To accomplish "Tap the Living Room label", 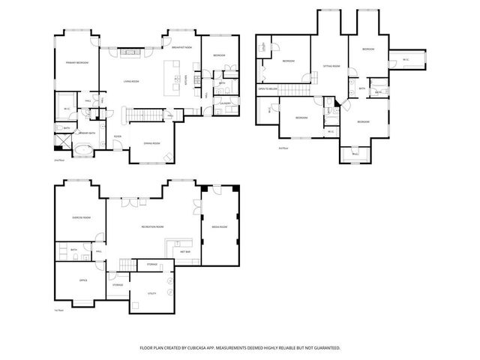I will [133, 82].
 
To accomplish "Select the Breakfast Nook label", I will [181, 47].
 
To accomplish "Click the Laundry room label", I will [225, 102].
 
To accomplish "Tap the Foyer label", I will [118, 136].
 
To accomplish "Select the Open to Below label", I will [268, 89].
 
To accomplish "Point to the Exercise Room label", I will [81, 217].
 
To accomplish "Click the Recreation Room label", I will [152, 226].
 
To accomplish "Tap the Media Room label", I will [220, 226].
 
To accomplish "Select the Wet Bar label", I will [184, 251].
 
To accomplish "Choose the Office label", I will [83, 280].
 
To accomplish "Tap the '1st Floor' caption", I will [57, 309].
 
